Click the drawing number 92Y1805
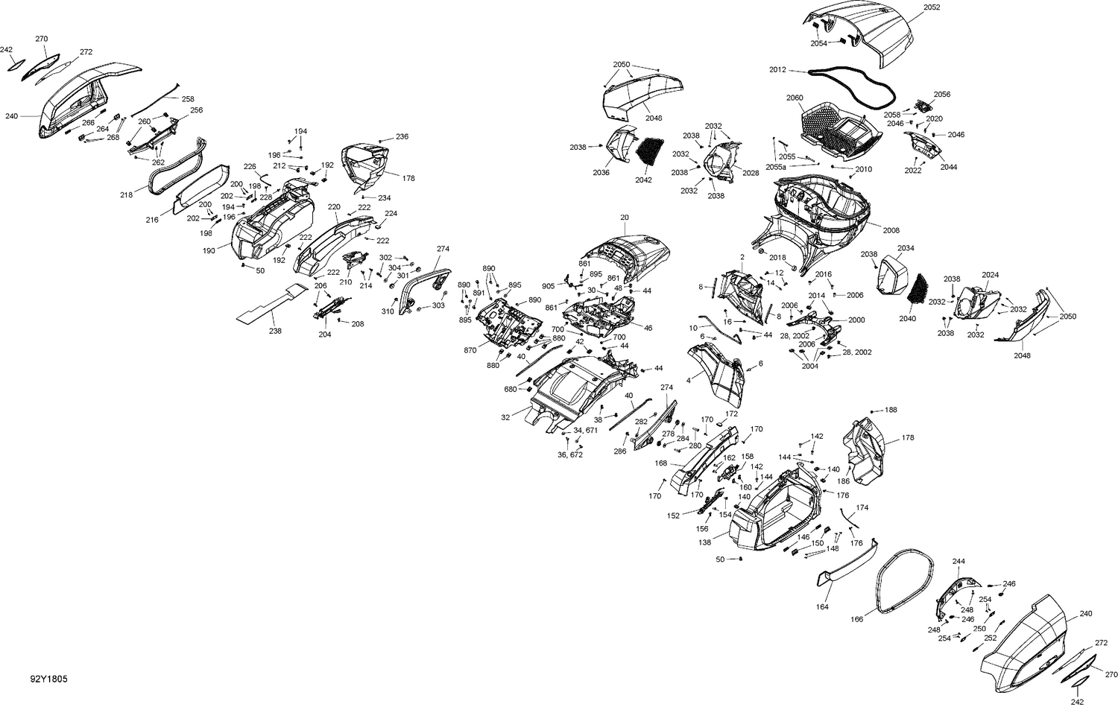[x=49, y=679]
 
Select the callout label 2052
[x=932, y=7]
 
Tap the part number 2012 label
[x=777, y=69]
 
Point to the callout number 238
[x=275, y=331]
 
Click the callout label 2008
[x=891, y=230]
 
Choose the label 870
[x=470, y=350]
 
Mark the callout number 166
[x=858, y=618]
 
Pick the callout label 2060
[x=795, y=98]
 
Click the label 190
[x=208, y=251]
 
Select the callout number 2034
[x=906, y=248]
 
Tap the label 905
[x=548, y=286]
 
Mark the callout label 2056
[x=942, y=95]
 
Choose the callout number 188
[x=891, y=410]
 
